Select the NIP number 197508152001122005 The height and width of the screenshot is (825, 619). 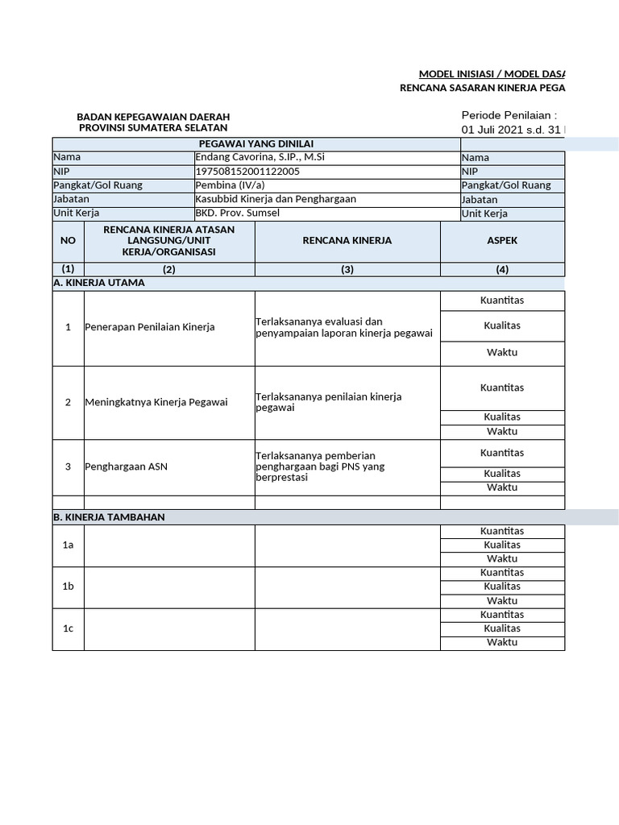pos(248,172)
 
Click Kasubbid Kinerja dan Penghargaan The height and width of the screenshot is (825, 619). pos(276,199)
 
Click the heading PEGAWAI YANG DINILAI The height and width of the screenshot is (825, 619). pos(256,143)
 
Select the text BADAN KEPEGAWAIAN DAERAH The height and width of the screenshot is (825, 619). pos(153,117)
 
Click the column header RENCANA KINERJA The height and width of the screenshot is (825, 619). pos(347,241)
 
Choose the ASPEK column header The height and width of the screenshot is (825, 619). pos(502,241)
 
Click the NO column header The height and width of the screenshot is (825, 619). pos(69,241)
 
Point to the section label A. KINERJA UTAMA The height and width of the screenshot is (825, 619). pos(99,283)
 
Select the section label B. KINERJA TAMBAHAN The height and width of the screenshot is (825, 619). pos(109,517)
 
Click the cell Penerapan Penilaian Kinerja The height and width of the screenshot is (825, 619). pos(150,327)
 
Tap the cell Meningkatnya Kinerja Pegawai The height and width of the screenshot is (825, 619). pos(156,402)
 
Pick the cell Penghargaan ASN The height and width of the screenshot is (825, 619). pos(127,466)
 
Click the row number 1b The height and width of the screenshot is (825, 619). pos(69,587)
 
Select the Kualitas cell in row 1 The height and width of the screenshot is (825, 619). pos(502,325)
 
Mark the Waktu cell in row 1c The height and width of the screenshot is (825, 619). pos(502,642)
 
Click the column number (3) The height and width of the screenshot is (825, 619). pos(347,270)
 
